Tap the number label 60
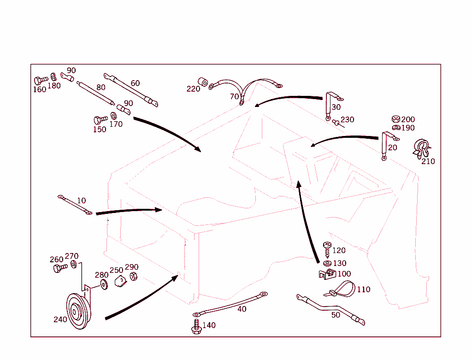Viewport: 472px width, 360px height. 135,83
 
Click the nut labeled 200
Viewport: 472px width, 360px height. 395,119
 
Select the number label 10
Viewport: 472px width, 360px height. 81,201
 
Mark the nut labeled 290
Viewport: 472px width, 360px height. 133,276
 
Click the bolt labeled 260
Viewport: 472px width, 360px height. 58,268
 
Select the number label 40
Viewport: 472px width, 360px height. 242,309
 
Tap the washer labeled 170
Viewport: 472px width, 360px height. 113,116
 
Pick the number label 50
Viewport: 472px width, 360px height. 336,315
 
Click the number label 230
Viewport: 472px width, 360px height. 347,120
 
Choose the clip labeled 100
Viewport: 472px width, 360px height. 327,275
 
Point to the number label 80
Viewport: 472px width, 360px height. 100,87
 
